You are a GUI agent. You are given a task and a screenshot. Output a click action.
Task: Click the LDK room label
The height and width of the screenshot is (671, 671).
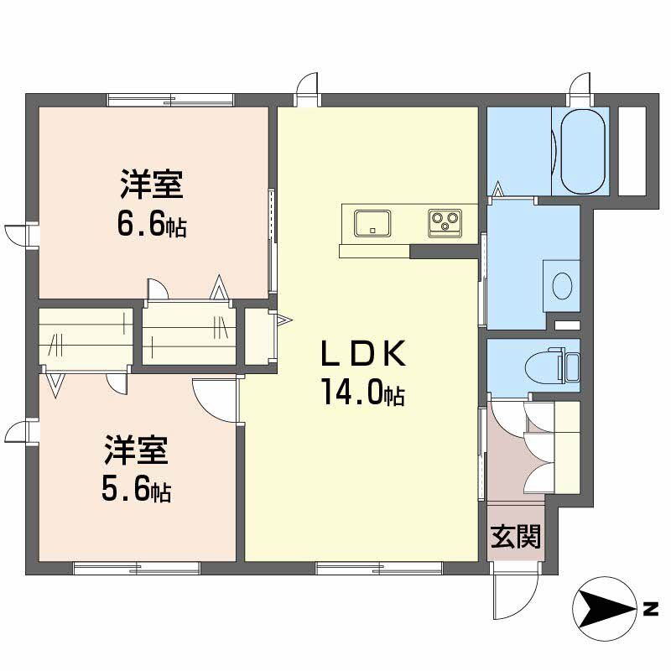point(363,353)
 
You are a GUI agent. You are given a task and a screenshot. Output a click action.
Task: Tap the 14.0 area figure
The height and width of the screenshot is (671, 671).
point(364,392)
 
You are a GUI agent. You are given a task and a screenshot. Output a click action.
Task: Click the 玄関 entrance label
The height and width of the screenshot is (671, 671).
point(516,536)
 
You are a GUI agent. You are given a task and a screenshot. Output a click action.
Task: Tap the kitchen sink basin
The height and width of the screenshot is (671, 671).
point(372,223)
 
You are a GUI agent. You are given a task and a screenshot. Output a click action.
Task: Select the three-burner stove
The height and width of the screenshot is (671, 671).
point(445,223)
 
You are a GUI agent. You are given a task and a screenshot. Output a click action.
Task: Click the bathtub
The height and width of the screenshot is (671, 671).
point(583,152)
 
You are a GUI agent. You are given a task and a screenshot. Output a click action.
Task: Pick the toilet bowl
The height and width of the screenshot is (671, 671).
point(543,367)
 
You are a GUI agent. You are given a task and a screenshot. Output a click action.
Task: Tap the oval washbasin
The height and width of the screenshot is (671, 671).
point(562,286)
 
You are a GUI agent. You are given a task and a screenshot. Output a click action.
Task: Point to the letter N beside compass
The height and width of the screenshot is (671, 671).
point(651,609)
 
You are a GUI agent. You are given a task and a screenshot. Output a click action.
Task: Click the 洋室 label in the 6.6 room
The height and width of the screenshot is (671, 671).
point(152,185)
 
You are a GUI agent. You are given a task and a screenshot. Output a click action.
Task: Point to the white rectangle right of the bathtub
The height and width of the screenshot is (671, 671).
point(632,151)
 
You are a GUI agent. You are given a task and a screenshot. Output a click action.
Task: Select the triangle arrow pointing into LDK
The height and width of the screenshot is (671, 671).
point(284,320)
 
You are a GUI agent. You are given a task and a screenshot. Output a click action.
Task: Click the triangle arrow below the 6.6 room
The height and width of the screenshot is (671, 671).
point(219,287)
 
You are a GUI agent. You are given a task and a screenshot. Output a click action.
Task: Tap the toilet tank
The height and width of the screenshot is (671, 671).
point(570,367)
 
